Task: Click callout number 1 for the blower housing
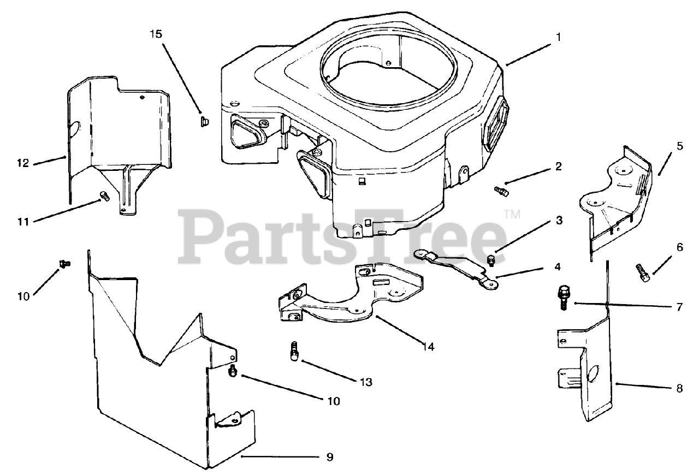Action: pyautogui.click(x=558, y=38)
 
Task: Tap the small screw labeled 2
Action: pyautogui.click(x=501, y=191)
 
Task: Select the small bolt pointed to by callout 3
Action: pyautogui.click(x=491, y=259)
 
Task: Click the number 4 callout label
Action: pyautogui.click(x=558, y=267)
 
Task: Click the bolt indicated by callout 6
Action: pyautogui.click(x=642, y=271)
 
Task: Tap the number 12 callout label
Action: pyautogui.click(x=22, y=163)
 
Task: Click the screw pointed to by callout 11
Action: pyautogui.click(x=103, y=195)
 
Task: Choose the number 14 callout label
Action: pyautogui.click(x=429, y=346)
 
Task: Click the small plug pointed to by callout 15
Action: pyautogui.click(x=201, y=120)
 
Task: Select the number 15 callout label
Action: pyautogui.click(x=156, y=34)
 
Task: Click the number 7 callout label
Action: pyautogui.click(x=679, y=307)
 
